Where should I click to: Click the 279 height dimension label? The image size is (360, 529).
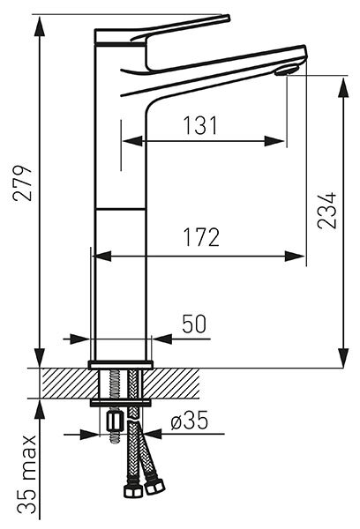point(23,183)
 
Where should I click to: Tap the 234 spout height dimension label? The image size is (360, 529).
point(327,211)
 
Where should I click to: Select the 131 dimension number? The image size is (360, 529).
point(200,125)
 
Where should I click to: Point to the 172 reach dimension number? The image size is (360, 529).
point(201,237)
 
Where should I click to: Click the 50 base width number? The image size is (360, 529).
point(194,324)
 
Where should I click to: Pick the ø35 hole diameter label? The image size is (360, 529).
point(189,421)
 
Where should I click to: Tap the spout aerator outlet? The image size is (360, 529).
point(287,71)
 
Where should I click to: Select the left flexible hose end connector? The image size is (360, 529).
point(131,491)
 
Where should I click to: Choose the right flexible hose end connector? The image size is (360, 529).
point(154,487)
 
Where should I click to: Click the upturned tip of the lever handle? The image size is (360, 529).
point(226,18)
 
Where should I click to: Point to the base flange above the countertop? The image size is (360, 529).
point(121,364)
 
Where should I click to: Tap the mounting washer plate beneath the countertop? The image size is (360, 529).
point(121,403)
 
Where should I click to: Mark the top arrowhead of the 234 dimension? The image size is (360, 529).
point(344,87)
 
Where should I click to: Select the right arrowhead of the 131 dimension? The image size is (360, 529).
point(275,141)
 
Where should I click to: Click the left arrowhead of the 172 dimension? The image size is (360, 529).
point(101,256)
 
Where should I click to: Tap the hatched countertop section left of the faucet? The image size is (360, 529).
point(68,384)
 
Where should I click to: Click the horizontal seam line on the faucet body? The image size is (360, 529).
point(121,209)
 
